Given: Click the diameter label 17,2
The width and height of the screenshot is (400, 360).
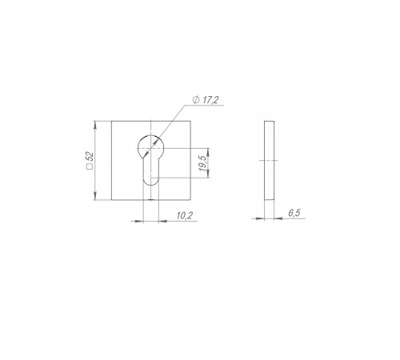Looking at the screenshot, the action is (x=210, y=100).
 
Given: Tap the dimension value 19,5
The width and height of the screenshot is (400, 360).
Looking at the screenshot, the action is (x=202, y=163).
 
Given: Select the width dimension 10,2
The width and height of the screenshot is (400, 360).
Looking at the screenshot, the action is (x=185, y=215).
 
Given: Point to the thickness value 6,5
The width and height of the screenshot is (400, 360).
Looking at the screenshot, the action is (x=294, y=213).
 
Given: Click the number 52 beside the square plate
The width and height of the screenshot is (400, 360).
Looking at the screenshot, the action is (x=90, y=157).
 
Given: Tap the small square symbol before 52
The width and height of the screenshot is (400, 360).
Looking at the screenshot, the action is (x=90, y=166).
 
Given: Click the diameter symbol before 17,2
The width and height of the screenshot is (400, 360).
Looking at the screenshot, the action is (x=196, y=100).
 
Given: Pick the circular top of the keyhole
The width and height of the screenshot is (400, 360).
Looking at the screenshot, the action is (x=150, y=135).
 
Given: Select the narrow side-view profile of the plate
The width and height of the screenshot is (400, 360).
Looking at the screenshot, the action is (x=269, y=161).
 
